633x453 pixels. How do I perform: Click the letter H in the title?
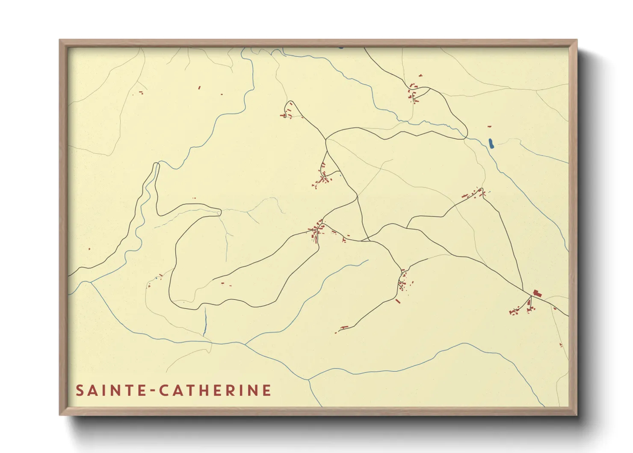point(211,390)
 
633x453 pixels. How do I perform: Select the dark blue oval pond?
point(491,143)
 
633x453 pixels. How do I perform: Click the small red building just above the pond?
point(489,127)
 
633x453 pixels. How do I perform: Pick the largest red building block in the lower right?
point(537,293)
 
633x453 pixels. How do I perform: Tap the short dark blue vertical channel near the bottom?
point(205,321)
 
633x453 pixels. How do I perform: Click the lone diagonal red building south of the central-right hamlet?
point(398,301)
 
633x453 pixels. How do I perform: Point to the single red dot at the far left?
point(89,249)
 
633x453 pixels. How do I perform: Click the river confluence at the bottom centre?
point(309,379)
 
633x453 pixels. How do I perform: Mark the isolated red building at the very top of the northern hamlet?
point(420,75)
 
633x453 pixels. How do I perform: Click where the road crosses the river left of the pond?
point(465,138)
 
